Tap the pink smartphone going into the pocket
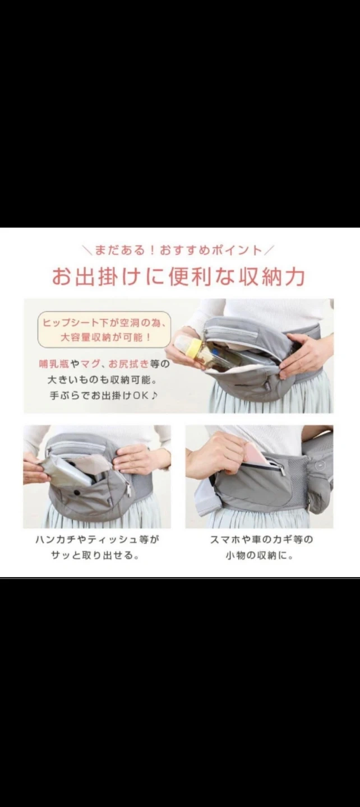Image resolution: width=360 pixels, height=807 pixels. pos(255,452)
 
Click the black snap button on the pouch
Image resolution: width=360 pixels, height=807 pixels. pos(76,492)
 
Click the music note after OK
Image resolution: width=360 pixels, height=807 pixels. pos(154,395)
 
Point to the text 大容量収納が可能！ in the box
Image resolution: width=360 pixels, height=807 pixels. pos(105,338)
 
